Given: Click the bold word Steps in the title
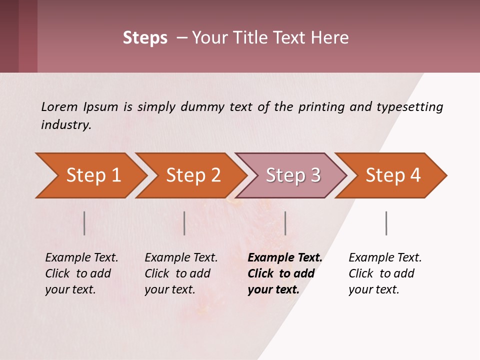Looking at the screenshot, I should click(x=145, y=38).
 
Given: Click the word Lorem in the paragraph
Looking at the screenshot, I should click(x=59, y=107).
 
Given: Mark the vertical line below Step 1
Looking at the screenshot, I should click(x=84, y=223).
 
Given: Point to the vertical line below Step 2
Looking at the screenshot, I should click(x=184, y=223).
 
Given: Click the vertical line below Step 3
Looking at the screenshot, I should click(x=285, y=223).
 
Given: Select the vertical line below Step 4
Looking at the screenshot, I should click(x=386, y=223).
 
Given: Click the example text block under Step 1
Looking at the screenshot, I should click(x=81, y=273).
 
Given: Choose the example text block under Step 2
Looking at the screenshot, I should click(x=181, y=273).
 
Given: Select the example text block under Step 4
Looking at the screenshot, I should click(x=385, y=273).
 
